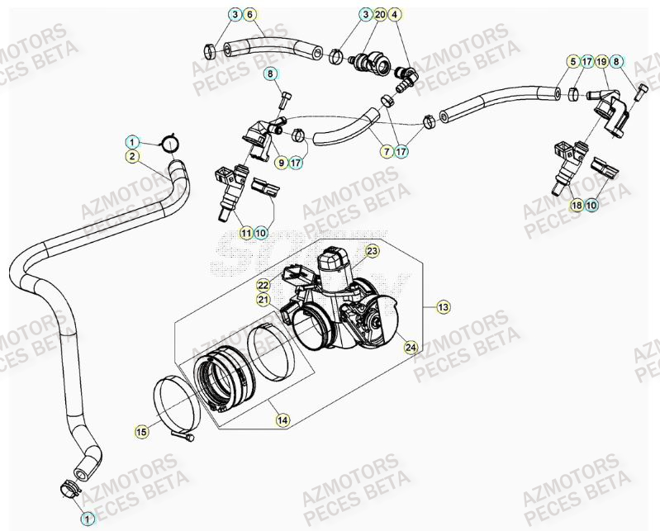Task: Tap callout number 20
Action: (x=380, y=15)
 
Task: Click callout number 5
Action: (x=572, y=62)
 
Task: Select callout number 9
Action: (x=281, y=163)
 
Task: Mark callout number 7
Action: (x=386, y=151)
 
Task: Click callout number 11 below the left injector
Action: (x=246, y=234)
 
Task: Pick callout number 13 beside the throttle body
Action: (x=443, y=307)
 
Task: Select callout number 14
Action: (x=283, y=420)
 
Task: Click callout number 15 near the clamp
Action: (x=141, y=430)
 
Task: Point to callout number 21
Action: (x=263, y=300)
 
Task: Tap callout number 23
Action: (x=372, y=250)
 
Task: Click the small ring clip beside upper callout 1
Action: (x=171, y=144)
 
